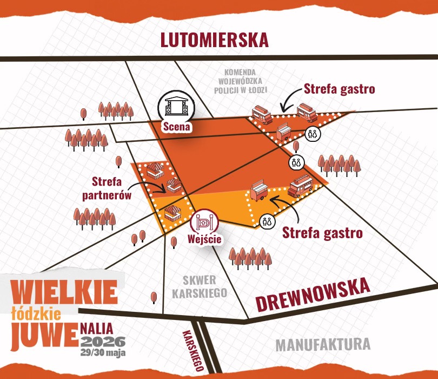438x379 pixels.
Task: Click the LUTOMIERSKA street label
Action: tap(215, 40)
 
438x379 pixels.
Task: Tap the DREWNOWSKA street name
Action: tap(312, 294)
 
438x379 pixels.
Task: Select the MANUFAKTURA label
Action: tap(323, 344)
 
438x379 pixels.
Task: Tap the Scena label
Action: tap(177, 127)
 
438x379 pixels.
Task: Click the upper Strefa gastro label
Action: tap(339, 89)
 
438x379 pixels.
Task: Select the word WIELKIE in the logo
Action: tap(64, 293)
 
